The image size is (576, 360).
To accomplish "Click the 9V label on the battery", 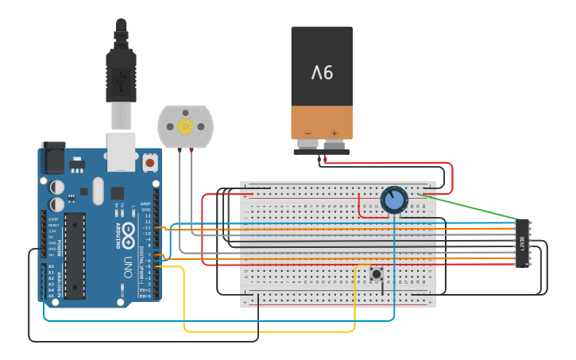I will click(322, 73).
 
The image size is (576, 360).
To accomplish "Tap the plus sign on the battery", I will click(334, 134).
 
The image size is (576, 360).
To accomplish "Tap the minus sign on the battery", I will click(307, 134).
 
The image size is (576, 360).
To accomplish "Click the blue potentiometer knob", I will click(394, 199).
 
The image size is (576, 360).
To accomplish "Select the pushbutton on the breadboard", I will click(376, 274).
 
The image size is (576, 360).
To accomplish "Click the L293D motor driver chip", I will click(522, 242).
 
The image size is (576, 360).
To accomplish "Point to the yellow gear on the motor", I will click(186, 126).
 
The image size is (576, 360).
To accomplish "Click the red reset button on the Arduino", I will click(149, 163).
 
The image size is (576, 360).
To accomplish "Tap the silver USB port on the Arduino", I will click(122, 151).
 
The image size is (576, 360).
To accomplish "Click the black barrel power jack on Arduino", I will click(53, 158).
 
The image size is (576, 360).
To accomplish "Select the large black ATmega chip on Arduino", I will click(75, 255).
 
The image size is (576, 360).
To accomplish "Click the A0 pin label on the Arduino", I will click(52, 267).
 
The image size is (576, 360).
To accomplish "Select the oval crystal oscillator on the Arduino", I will click(98, 191).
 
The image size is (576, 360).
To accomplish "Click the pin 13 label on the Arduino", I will click(147, 216).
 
